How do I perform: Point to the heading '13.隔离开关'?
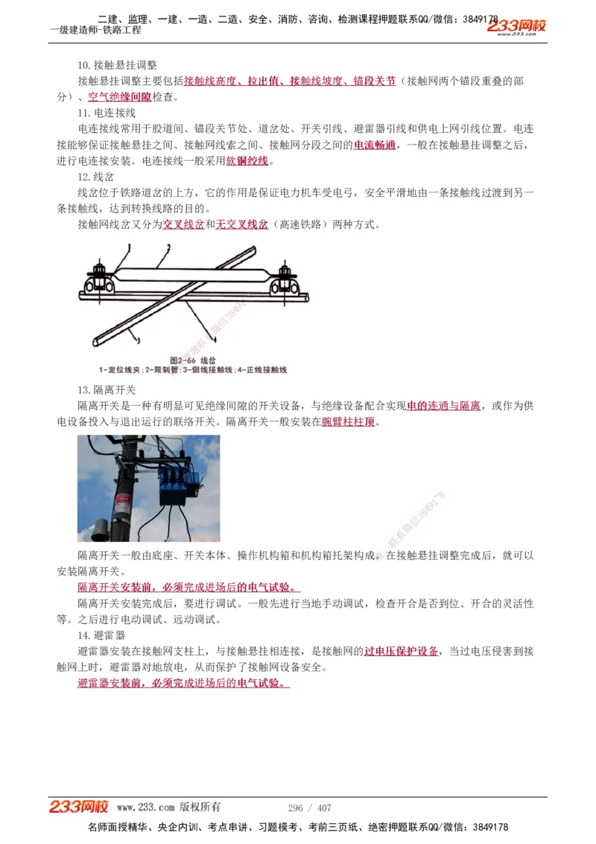click(x=107, y=390)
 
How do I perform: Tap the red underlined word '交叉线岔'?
click(x=184, y=224)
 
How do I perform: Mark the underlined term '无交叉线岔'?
click(x=242, y=224)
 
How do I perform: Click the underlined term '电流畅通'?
click(x=375, y=145)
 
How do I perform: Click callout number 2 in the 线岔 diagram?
click(x=168, y=247)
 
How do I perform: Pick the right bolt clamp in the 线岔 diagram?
click(x=285, y=277)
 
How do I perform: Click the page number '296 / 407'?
click(x=309, y=807)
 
